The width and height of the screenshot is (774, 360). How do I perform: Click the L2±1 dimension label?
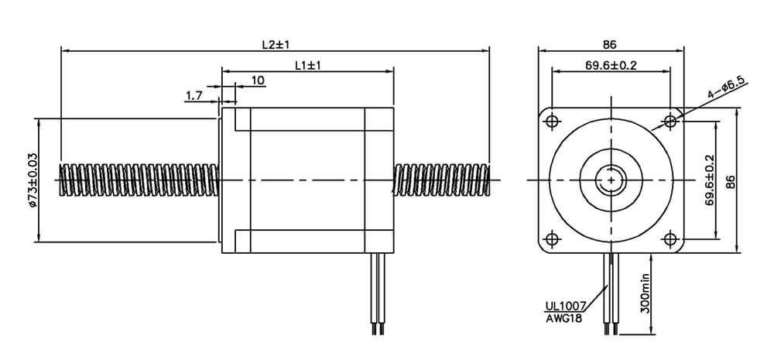click(275, 44)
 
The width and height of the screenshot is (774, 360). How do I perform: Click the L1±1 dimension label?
click(307, 66)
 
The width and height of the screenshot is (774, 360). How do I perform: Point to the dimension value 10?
click(258, 80)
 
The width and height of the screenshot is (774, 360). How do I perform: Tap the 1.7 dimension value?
click(193, 95)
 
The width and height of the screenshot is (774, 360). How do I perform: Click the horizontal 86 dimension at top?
click(611, 44)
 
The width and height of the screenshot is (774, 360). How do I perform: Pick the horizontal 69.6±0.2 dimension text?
click(611, 66)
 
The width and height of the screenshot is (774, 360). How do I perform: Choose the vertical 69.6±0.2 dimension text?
click(709, 180)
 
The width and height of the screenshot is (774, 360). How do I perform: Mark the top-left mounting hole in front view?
click(551, 122)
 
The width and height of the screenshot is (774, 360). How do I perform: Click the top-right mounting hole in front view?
click(670, 122)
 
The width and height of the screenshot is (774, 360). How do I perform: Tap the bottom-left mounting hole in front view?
click(551, 239)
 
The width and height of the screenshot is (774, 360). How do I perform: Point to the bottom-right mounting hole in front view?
click(670, 239)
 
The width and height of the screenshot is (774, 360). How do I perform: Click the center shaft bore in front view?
click(611, 180)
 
